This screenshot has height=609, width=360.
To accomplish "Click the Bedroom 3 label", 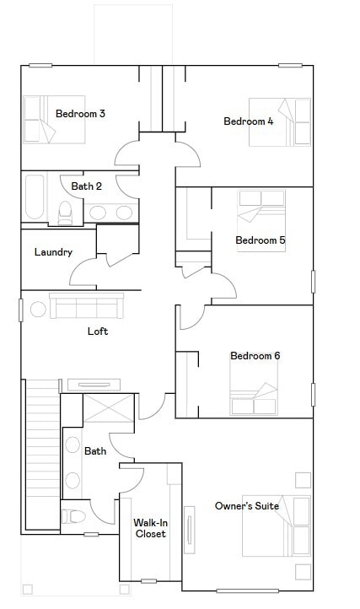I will click(x=80, y=114).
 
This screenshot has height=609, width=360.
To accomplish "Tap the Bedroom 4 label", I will click(x=248, y=121).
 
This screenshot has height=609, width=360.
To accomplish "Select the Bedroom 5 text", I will click(x=260, y=240).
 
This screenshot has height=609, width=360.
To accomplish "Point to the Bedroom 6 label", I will click(x=255, y=356).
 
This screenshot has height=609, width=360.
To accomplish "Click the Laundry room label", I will click(x=53, y=252).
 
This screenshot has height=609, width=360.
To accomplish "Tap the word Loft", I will click(x=98, y=331).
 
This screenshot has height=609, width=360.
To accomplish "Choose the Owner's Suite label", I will click(x=247, y=506).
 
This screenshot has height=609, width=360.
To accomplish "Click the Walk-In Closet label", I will click(x=149, y=528).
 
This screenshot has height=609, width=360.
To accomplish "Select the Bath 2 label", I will click(x=86, y=186).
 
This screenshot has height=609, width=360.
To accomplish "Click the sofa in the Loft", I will click(x=86, y=305).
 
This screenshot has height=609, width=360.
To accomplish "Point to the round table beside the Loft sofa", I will click(x=38, y=309).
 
